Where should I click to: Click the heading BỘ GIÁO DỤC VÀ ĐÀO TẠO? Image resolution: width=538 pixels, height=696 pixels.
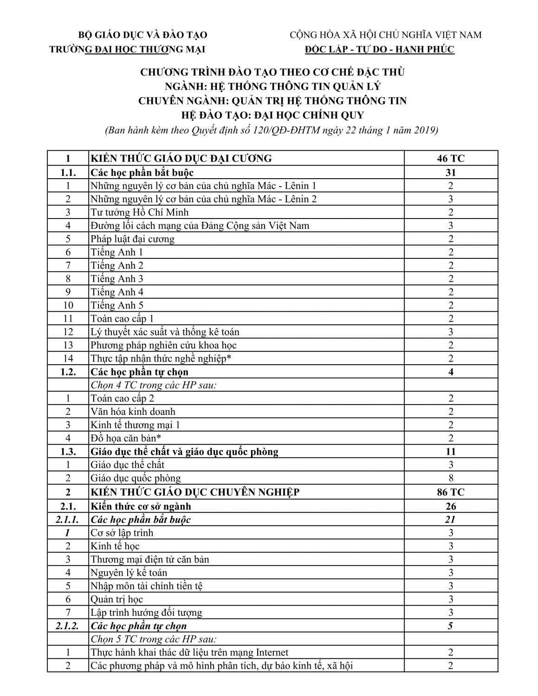pyautogui.click(x=143, y=35)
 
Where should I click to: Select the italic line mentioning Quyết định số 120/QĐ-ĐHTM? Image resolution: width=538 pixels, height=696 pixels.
pyautogui.click(x=272, y=130)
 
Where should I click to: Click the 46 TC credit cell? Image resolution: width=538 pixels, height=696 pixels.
pyautogui.click(x=450, y=159)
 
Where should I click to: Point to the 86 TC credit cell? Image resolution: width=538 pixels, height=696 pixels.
pyautogui.click(x=450, y=492)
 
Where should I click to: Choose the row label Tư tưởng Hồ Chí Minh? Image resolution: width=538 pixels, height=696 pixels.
pyautogui.click(x=139, y=213)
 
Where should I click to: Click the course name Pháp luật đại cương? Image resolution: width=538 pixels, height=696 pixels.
pyautogui.click(x=132, y=239)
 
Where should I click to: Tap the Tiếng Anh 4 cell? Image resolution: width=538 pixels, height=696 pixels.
pyautogui.click(x=117, y=292)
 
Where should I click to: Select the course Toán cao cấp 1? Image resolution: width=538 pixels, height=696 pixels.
pyautogui.click(x=122, y=319)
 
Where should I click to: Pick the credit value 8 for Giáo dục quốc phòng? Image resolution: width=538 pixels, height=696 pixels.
pyautogui.click(x=451, y=478)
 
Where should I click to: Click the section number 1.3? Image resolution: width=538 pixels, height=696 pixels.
pyautogui.click(x=68, y=452)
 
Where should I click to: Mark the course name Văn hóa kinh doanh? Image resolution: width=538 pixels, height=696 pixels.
pyautogui.click(x=133, y=412)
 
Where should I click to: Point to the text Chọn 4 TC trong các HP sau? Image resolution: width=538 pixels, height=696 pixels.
pyautogui.click(x=153, y=386)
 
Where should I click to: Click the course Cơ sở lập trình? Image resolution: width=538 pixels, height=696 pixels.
pyautogui.click(x=122, y=533)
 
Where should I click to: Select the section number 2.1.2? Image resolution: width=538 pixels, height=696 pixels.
pyautogui.click(x=68, y=626)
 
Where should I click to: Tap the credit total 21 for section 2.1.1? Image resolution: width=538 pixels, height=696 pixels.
pyautogui.click(x=450, y=520)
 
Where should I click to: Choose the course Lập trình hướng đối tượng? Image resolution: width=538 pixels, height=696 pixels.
pyautogui.click(x=146, y=613)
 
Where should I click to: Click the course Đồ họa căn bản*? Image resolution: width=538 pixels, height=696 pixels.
pyautogui.click(x=126, y=438)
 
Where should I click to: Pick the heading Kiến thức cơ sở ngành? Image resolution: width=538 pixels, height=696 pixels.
pyautogui.click(x=141, y=506)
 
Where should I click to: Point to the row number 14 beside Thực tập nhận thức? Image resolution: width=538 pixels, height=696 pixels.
pyautogui.click(x=68, y=359)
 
